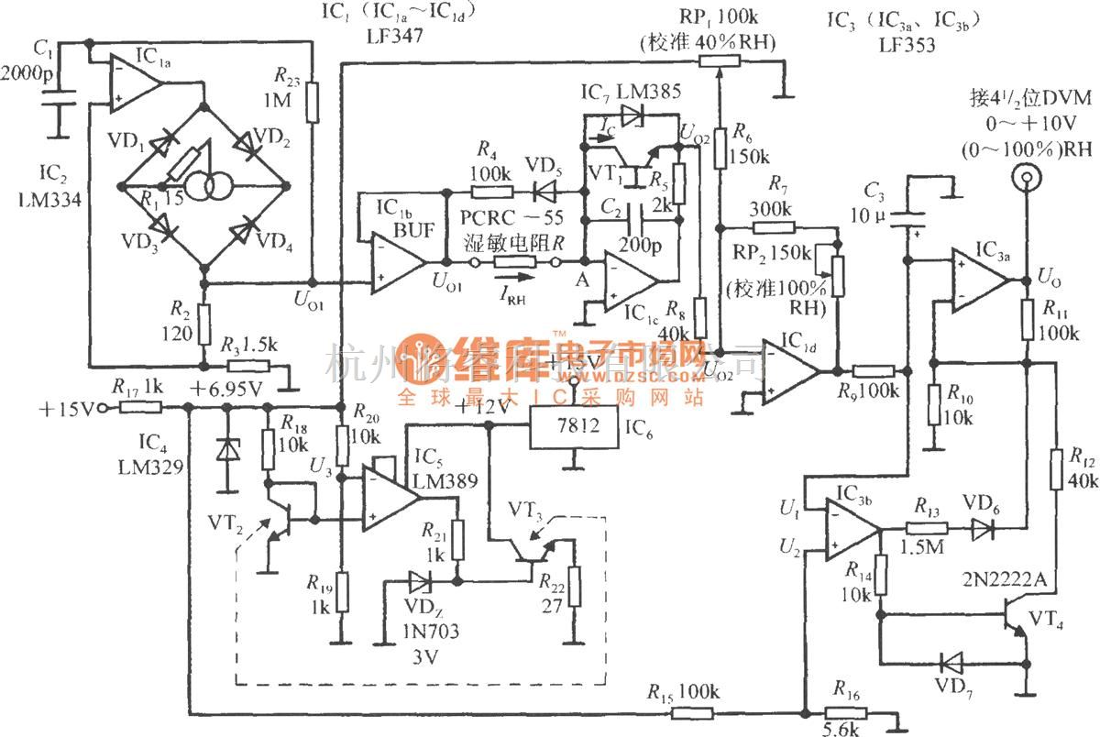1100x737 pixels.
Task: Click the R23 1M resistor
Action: (313, 102)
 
